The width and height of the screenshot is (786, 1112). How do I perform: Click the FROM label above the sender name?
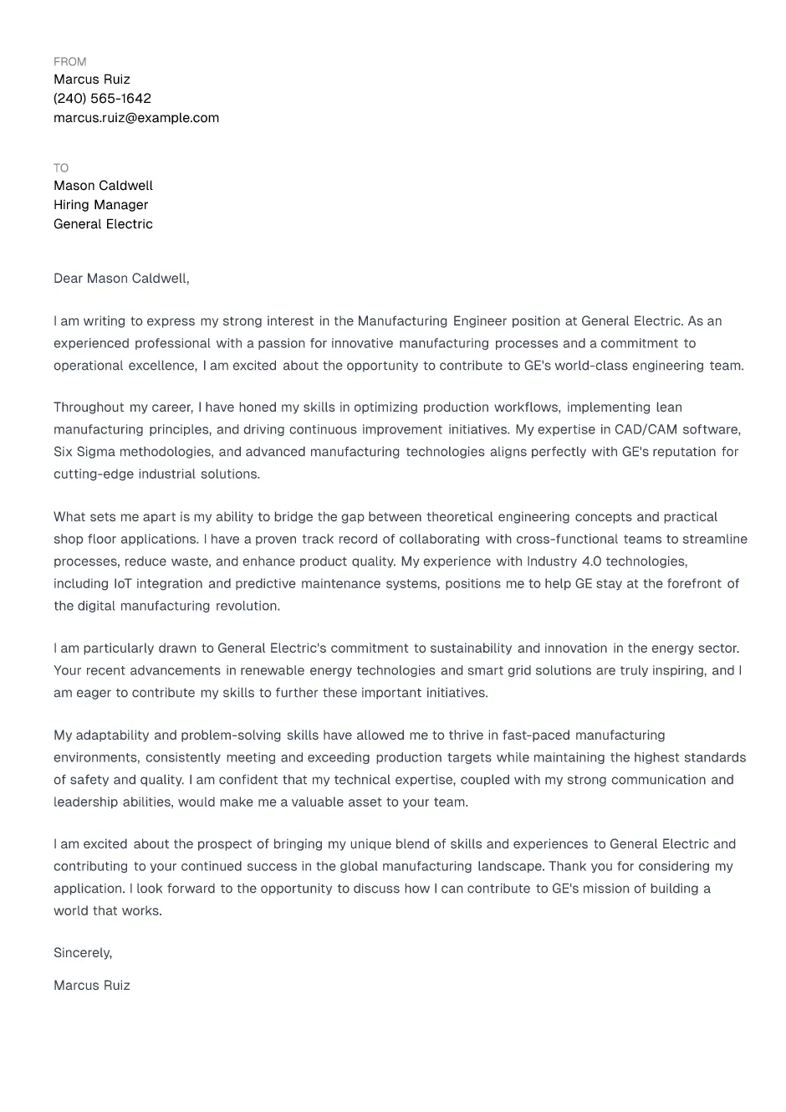click(x=69, y=62)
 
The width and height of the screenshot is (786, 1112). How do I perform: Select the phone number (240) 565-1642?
click(x=102, y=99)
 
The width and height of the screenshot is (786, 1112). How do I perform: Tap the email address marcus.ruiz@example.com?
click(x=136, y=118)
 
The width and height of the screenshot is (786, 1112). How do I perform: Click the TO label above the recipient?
click(x=61, y=168)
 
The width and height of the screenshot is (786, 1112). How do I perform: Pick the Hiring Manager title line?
click(x=100, y=205)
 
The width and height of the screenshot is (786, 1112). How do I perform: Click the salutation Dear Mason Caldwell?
click(x=121, y=279)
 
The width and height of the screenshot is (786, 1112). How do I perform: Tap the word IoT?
click(x=122, y=584)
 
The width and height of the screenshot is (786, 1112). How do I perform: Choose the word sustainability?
click(x=471, y=648)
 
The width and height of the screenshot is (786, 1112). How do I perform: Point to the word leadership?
click(x=84, y=802)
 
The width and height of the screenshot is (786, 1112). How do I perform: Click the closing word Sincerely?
click(x=82, y=953)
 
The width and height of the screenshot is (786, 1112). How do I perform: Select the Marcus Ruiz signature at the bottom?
click(x=92, y=986)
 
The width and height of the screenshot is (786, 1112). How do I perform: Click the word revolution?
click(x=248, y=606)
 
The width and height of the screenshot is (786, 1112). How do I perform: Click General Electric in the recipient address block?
click(x=103, y=224)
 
